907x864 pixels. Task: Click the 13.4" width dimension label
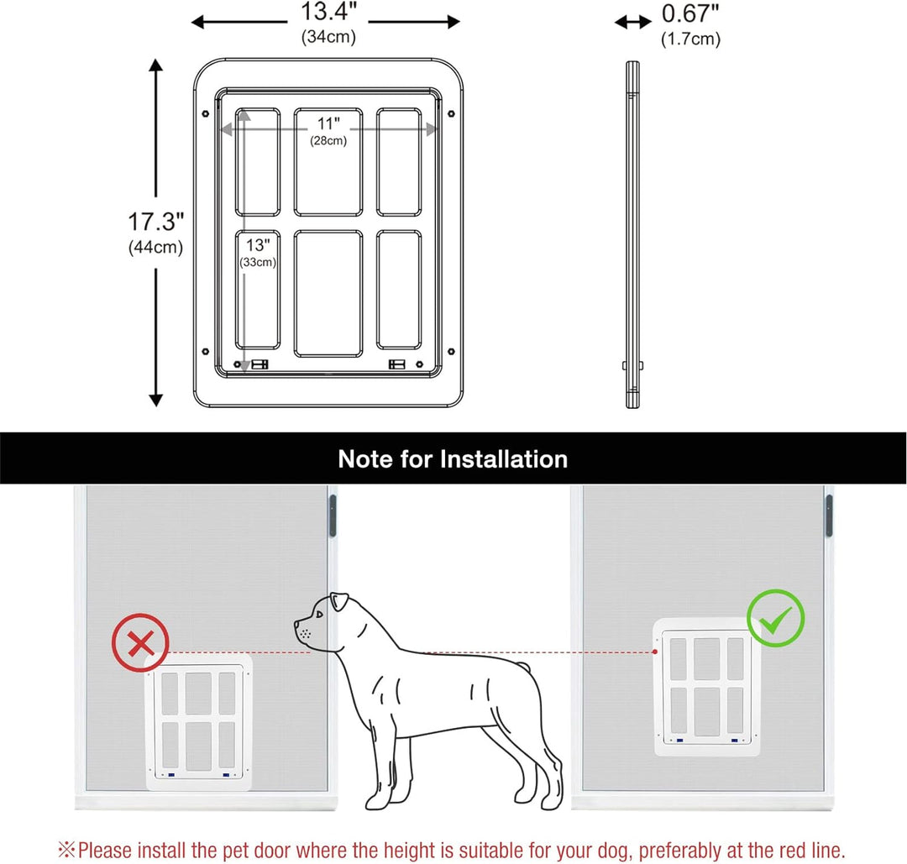coord(328,13)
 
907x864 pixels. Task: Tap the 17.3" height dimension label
coord(155,223)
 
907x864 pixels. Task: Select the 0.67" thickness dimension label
coord(690,15)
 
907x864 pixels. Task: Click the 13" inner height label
coord(258,245)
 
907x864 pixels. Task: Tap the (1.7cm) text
coord(689,39)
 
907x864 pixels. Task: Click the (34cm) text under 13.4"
coord(328,37)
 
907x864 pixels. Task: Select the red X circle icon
coord(140,644)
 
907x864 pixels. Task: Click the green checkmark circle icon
coord(775,618)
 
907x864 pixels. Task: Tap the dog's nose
coord(298,625)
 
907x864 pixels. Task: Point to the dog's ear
coord(339,602)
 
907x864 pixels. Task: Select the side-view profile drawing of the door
coord(632,235)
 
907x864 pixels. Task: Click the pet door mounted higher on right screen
coord(706,686)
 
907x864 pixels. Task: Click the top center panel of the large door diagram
coord(328,161)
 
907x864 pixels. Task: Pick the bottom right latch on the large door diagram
coord(396,364)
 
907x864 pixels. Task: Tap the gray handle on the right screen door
coord(828,516)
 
